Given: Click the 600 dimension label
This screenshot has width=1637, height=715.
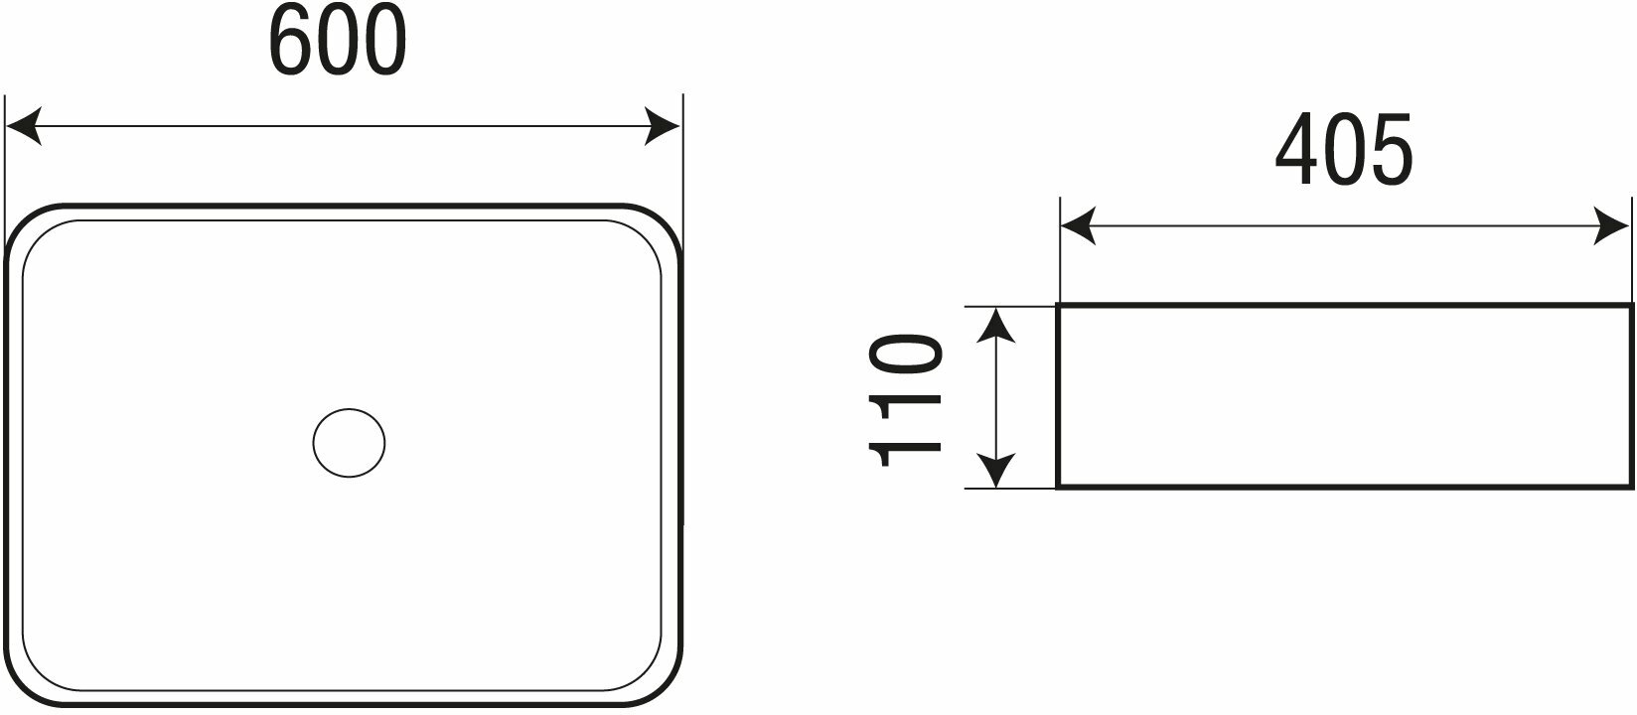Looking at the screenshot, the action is [x=338, y=42].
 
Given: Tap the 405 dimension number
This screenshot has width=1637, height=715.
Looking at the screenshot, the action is [x=1343, y=151].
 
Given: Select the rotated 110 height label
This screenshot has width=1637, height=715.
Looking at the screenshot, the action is [x=905, y=399].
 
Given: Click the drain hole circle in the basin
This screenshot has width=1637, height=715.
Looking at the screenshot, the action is [x=349, y=443].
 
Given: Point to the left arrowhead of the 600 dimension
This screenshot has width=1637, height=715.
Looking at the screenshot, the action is [x=22, y=127].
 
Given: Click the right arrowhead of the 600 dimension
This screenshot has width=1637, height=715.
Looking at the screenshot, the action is [x=664, y=127].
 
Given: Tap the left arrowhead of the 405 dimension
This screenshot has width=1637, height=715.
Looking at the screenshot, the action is [x=1077, y=227].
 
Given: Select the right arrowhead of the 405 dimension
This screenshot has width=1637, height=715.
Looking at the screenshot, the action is [x=1613, y=227].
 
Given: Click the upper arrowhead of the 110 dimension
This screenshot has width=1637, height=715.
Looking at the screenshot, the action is [x=995, y=325].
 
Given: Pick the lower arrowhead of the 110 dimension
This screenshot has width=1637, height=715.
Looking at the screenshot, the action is [x=995, y=471].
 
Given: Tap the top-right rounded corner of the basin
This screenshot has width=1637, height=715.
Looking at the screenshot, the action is [x=658, y=226].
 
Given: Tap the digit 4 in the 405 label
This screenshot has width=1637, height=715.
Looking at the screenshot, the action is [x=1296, y=151].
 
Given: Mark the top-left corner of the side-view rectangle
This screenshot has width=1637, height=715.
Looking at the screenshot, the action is [x=1059, y=307].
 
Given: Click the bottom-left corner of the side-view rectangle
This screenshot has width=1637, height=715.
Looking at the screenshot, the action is [x=1059, y=487].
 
